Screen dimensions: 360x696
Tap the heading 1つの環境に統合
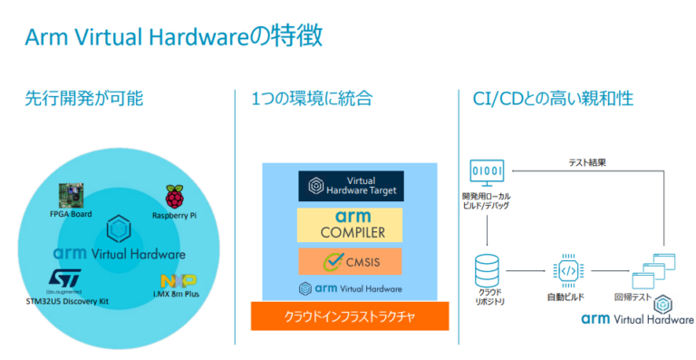[x=313, y=99]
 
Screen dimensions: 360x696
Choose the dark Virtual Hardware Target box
[x=350, y=186]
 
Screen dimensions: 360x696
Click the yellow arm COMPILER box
[x=350, y=224]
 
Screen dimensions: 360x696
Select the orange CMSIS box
[x=350, y=263]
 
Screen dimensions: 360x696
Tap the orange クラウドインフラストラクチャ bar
[x=350, y=316]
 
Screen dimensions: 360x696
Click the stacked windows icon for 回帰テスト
[x=655, y=270]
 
